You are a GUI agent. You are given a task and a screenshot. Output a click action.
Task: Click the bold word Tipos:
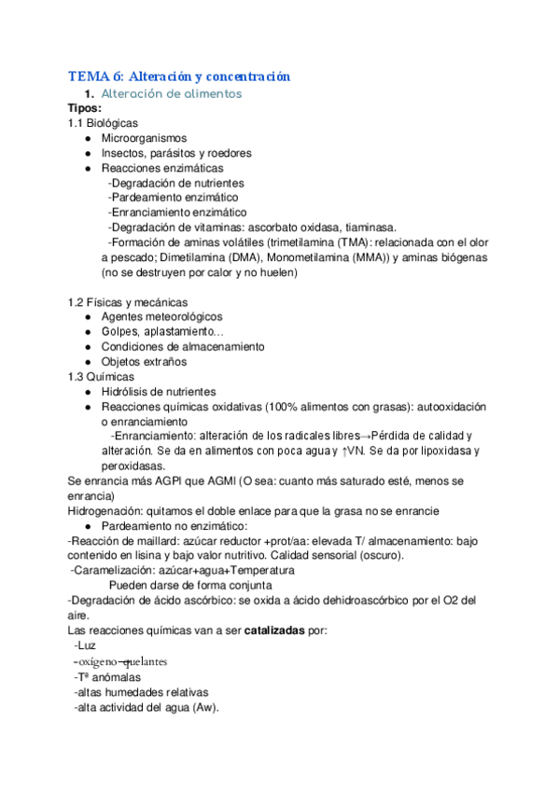pos(86,108)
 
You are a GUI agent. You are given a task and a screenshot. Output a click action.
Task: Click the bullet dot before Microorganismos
pos(87,138)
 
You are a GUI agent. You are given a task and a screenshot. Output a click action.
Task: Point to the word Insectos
pos(125,153)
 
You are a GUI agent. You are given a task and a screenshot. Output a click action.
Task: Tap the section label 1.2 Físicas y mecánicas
pos(128,301)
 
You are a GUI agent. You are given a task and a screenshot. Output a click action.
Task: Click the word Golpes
pos(121,331)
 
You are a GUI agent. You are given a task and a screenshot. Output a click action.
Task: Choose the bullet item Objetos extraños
pos(144,361)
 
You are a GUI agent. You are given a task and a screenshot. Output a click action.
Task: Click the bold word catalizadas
pos(277,631)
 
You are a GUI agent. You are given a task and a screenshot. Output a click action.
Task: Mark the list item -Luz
pos(84,645)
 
